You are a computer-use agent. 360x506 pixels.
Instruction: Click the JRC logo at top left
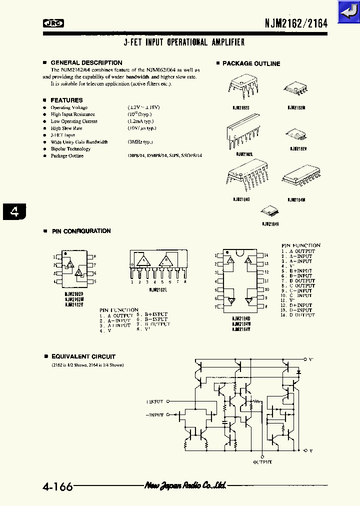click(x=56, y=22)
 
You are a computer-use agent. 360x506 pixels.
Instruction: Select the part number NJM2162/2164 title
click(x=296, y=23)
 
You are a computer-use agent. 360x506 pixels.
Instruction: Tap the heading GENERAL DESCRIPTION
click(x=79, y=63)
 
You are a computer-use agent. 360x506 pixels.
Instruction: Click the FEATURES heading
click(x=66, y=100)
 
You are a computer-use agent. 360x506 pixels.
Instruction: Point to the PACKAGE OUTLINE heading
click(x=251, y=63)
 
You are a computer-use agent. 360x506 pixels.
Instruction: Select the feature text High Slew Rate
click(x=66, y=128)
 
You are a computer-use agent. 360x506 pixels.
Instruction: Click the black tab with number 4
click(x=15, y=212)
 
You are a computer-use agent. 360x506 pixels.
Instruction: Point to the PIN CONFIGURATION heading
click(x=81, y=231)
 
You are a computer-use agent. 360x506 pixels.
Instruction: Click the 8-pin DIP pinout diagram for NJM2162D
click(x=74, y=270)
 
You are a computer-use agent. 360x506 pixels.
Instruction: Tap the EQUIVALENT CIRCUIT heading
click(x=83, y=357)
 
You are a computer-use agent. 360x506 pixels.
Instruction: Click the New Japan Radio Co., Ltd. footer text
click(x=185, y=485)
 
